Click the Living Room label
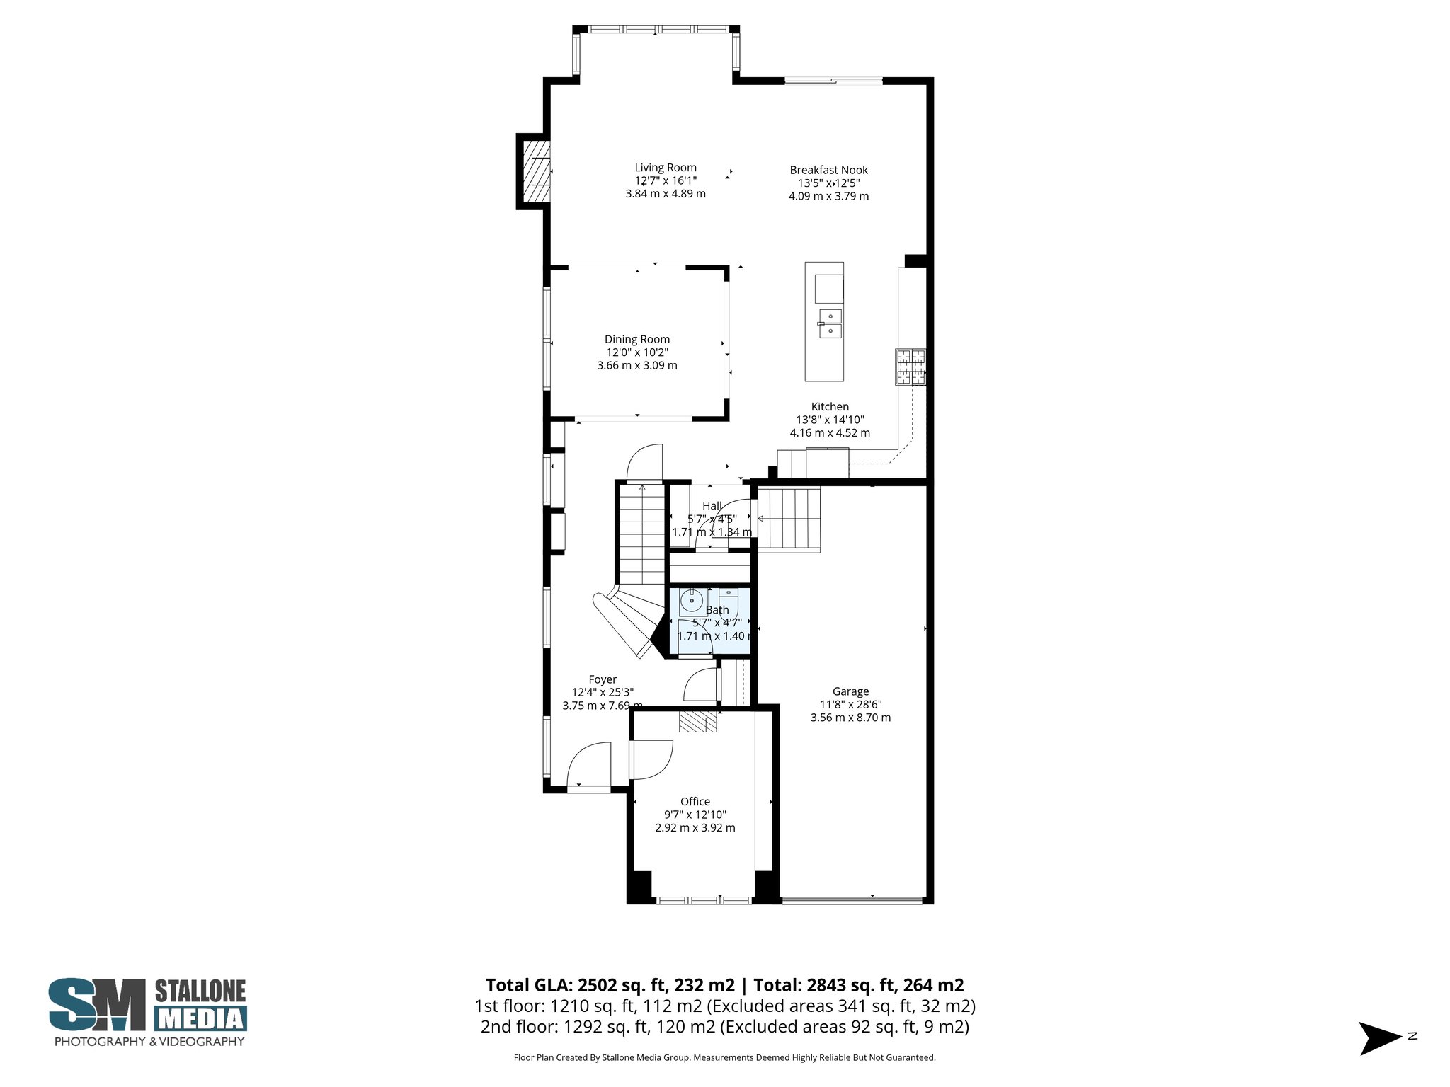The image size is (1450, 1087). click(665, 168)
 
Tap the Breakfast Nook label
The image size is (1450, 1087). click(828, 170)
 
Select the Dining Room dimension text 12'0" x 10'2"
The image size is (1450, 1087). click(636, 352)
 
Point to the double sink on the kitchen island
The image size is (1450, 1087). click(830, 323)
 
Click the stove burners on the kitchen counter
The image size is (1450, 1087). click(910, 367)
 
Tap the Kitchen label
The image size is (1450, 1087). click(830, 406)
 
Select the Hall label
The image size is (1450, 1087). click(712, 505)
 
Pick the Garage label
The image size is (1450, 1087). click(850, 691)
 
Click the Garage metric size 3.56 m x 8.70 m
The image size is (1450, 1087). click(850, 718)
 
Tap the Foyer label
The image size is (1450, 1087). click(603, 679)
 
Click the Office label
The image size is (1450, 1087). click(695, 801)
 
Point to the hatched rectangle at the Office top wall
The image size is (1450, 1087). click(698, 722)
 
